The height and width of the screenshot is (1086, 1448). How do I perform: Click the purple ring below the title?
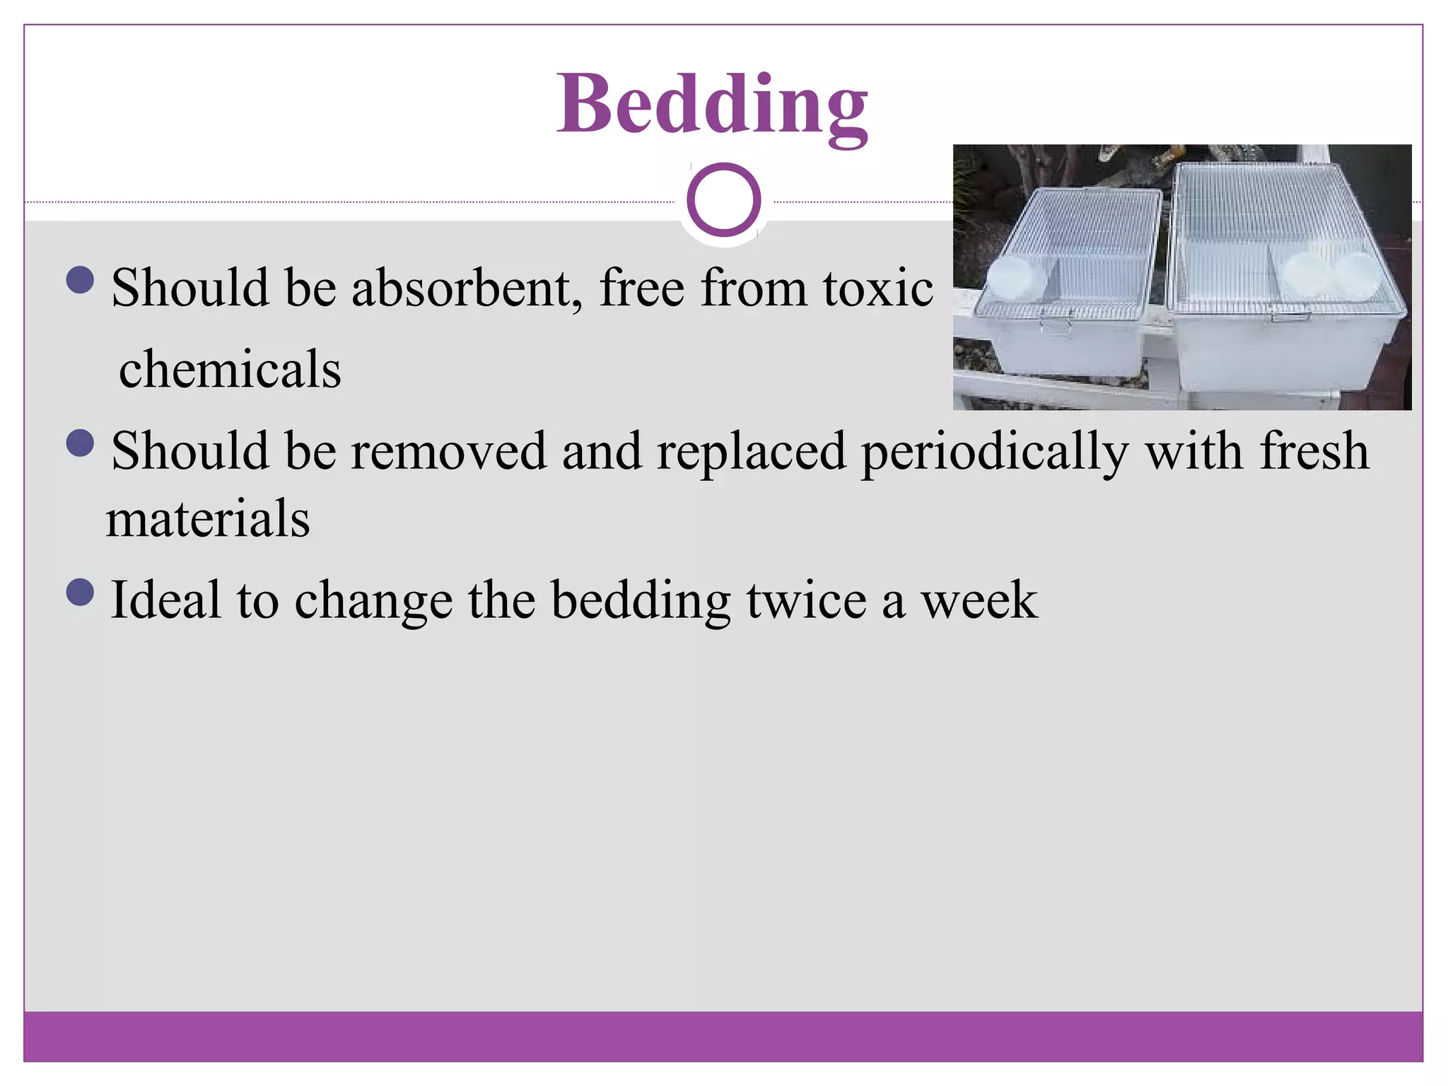(723, 199)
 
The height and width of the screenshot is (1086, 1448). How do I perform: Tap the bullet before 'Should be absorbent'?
(80, 280)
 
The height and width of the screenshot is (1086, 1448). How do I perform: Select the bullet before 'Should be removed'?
(80, 443)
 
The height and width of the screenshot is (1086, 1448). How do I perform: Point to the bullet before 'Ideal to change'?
(80, 592)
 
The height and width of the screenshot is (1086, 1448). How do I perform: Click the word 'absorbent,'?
(467, 288)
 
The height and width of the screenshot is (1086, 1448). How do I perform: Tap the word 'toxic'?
(877, 288)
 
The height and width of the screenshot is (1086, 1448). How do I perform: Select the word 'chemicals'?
(230, 369)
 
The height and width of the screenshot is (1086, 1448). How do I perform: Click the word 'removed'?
(448, 451)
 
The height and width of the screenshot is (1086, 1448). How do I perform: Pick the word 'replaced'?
(751, 451)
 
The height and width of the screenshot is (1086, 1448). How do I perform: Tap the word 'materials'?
(208, 518)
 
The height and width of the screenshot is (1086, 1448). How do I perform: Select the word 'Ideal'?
(165, 600)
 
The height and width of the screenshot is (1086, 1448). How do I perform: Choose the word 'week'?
(979, 600)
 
